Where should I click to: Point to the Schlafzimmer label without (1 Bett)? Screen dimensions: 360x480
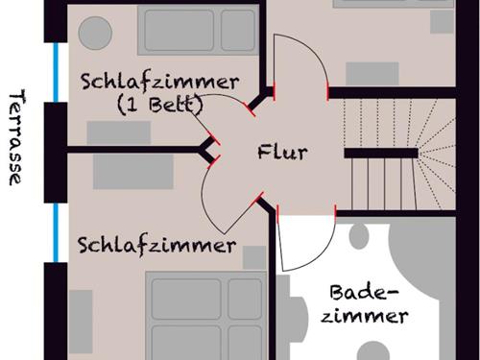point(156,245)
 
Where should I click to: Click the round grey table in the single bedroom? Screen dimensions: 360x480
point(94,34)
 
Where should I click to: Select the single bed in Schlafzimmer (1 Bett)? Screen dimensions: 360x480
point(198,30)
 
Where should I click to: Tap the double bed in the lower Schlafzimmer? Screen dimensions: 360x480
point(204,317)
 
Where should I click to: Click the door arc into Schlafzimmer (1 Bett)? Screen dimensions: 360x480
point(221,113)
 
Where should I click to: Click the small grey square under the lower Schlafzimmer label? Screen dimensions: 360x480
point(253,257)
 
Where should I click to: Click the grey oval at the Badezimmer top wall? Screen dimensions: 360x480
point(362,236)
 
